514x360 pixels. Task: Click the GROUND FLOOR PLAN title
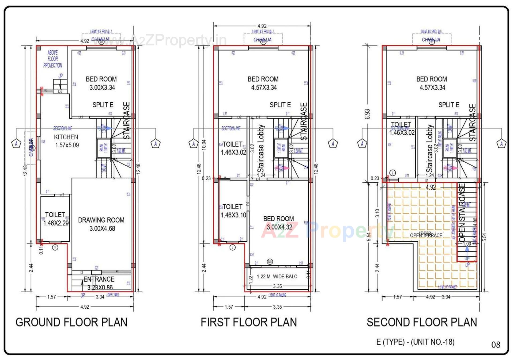coord(71,322)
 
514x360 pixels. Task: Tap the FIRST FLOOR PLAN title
coord(249,322)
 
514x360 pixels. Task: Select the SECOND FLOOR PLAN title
coord(422,322)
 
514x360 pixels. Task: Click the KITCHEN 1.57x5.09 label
coord(66,141)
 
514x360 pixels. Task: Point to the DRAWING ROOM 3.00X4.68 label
coord(101,224)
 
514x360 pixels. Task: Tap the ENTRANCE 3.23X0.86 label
coord(99,283)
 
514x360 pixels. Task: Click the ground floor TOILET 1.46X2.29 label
coord(56,219)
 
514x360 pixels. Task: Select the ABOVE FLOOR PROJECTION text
coord(52,59)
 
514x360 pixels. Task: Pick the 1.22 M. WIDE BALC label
coord(277,277)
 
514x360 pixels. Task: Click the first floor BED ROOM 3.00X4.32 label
coord(279,223)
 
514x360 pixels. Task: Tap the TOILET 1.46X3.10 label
coord(233,211)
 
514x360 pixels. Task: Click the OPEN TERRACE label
coord(426,235)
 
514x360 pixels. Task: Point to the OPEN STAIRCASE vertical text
coord(462,213)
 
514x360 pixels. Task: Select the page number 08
coord(496,345)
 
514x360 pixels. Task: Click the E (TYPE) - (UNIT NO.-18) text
coord(415,342)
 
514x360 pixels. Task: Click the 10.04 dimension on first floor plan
coord(204,145)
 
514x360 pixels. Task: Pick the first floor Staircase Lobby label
coord(261,148)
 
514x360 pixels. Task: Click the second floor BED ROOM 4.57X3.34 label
coord(432,83)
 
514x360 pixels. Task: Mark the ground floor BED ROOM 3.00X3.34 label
coord(101,83)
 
